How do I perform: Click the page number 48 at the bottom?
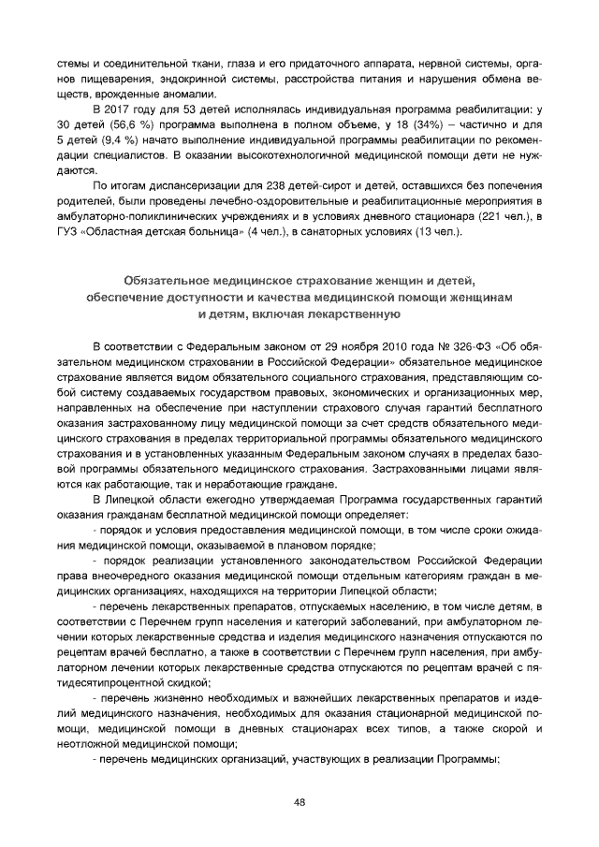pyautogui.click(x=299, y=801)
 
